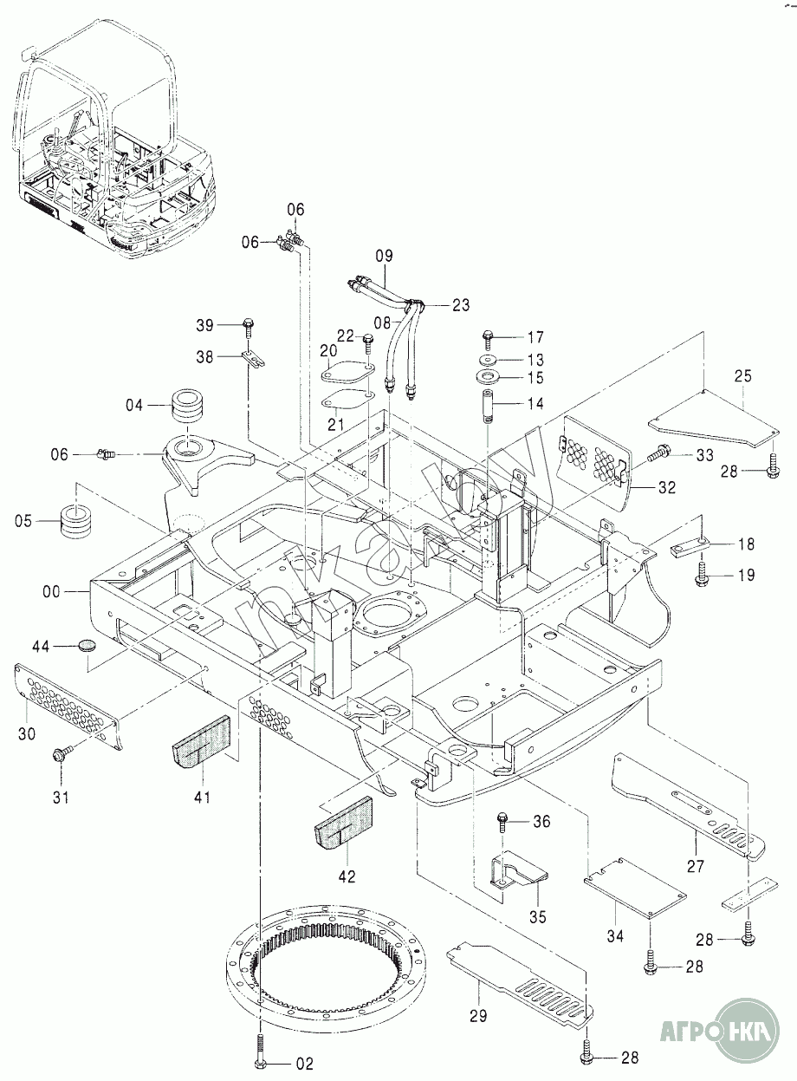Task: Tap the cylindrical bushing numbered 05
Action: [76, 520]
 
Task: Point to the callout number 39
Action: [204, 324]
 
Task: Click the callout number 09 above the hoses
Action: [384, 255]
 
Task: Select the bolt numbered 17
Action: [486, 336]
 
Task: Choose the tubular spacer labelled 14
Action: [486, 405]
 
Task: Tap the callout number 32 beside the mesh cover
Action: [666, 487]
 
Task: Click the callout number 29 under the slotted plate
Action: [479, 1016]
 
